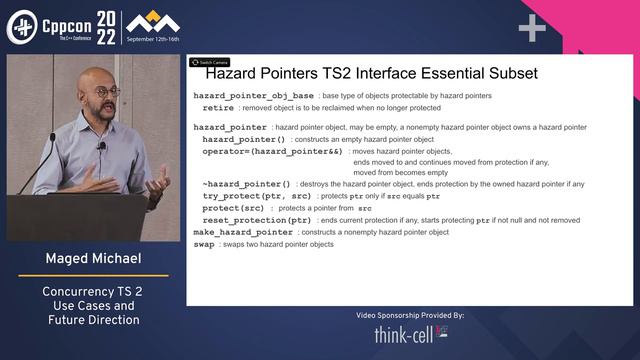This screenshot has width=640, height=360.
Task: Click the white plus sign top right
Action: click(x=531, y=28)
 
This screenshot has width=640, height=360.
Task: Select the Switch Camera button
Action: click(x=209, y=62)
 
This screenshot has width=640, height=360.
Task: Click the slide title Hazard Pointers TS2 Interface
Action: click(x=371, y=73)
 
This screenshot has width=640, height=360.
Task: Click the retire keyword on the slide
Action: click(x=218, y=106)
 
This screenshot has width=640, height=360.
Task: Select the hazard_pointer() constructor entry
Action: click(x=244, y=139)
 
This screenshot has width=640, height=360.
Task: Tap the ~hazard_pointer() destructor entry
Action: click(x=247, y=184)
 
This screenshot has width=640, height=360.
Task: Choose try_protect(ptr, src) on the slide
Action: click(x=256, y=196)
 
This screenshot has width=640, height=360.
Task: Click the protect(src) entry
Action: click(x=235, y=208)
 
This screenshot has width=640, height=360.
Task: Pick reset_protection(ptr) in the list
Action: click(x=257, y=220)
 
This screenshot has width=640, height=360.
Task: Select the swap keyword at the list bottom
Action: click(x=203, y=244)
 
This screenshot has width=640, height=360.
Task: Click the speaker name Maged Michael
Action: click(x=91, y=259)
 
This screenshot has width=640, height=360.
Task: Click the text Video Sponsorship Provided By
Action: click(x=410, y=315)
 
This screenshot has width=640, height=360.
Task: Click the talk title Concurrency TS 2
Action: click(x=91, y=291)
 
